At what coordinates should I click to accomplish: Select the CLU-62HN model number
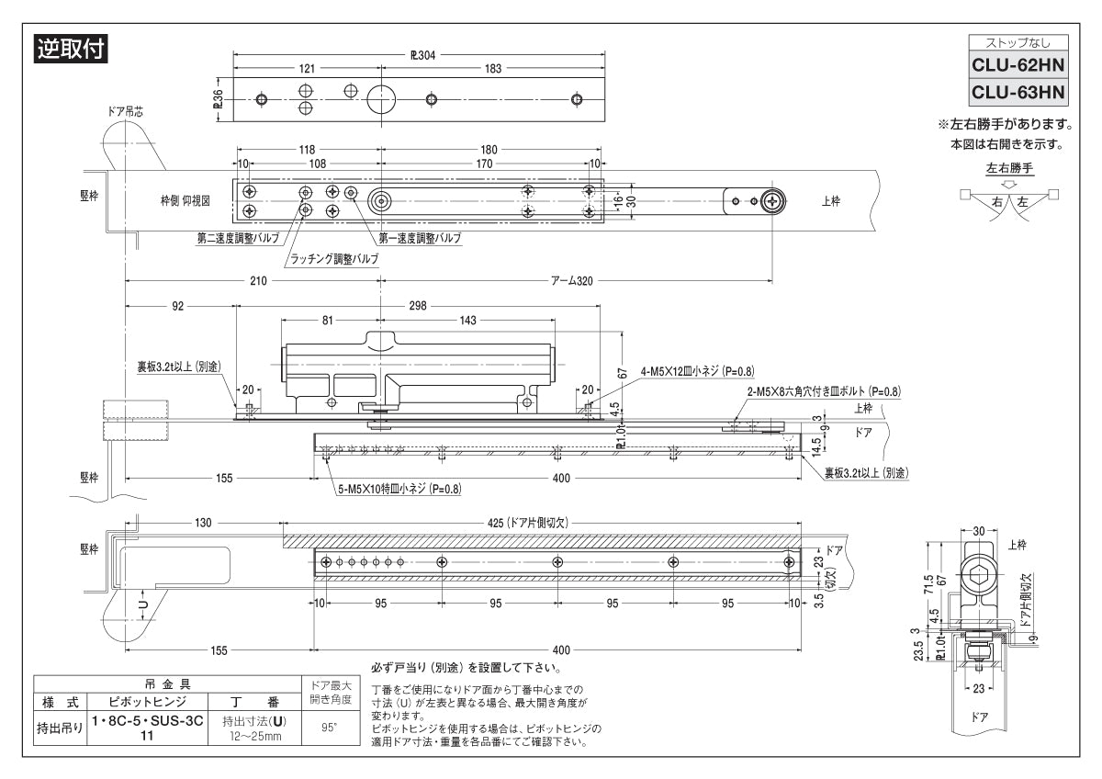1018,67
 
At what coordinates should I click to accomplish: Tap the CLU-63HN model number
1018,93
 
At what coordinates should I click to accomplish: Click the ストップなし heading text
1018,42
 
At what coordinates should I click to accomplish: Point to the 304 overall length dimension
422,54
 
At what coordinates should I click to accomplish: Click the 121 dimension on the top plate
307,70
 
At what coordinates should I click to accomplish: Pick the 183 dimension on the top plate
493,70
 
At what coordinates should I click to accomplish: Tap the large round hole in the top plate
378,99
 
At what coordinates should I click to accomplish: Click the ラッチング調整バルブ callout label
333,259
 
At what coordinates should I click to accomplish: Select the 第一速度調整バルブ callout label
412,237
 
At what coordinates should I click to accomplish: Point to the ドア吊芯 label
124,111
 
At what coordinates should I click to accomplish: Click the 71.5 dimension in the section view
929,583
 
